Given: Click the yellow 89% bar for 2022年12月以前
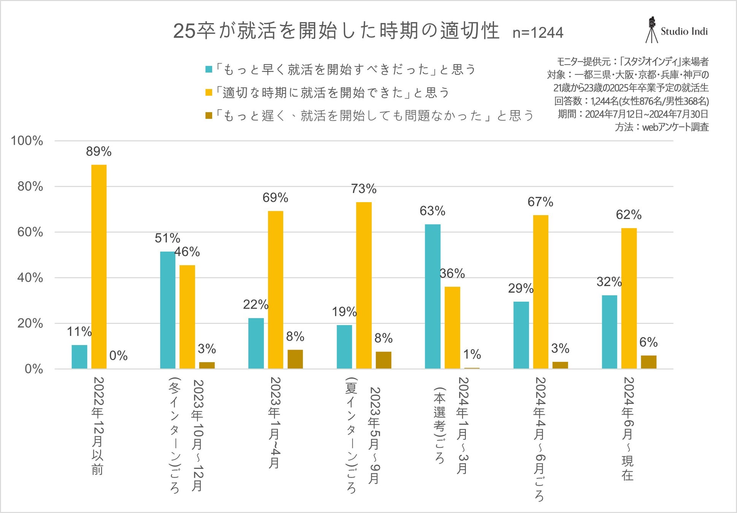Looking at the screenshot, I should (99, 266).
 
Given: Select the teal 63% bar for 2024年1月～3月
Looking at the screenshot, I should (432, 296).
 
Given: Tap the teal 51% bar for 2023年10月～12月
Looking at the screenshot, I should (167, 310).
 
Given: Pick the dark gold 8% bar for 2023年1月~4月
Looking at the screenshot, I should (295, 359).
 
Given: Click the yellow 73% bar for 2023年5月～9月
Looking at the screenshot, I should (364, 285).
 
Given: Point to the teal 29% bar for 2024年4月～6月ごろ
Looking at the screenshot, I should (521, 335).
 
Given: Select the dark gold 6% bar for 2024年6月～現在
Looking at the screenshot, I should (648, 362).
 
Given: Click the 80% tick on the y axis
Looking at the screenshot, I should (30, 187).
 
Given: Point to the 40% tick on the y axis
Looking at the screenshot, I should (30, 278).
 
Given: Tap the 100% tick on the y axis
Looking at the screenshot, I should (27, 141).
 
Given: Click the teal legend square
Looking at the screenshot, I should (209, 69).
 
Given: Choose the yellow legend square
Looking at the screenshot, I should (209, 92).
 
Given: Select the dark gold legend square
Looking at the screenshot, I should (209, 115).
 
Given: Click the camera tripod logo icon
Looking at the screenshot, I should (652, 30).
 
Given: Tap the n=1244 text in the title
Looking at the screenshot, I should (538, 33).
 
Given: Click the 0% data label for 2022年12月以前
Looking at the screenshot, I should (118, 356).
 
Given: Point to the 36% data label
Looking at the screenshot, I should (452, 273).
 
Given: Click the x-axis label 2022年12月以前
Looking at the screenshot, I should (98, 426).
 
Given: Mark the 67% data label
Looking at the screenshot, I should (540, 202).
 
